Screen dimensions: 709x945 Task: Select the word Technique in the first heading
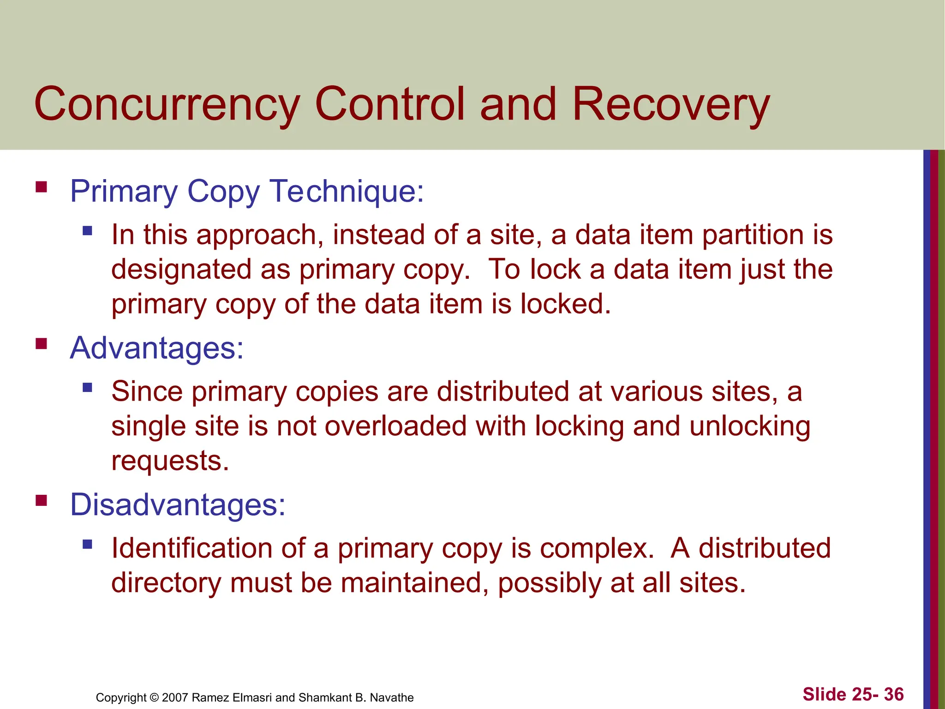(x=346, y=191)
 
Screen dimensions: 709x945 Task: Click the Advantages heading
(x=156, y=348)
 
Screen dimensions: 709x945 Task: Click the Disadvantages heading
(x=178, y=505)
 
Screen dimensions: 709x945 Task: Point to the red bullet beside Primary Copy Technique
(x=42, y=187)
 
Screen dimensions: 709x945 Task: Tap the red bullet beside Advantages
(x=42, y=344)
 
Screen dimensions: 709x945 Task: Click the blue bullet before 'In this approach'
(x=88, y=230)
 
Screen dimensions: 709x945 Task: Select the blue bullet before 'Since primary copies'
(x=88, y=387)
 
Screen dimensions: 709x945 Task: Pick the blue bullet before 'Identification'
(x=88, y=544)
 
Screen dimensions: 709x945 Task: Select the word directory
(x=166, y=583)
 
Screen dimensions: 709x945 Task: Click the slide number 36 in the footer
(x=894, y=694)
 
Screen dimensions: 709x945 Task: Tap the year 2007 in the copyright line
(x=175, y=697)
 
